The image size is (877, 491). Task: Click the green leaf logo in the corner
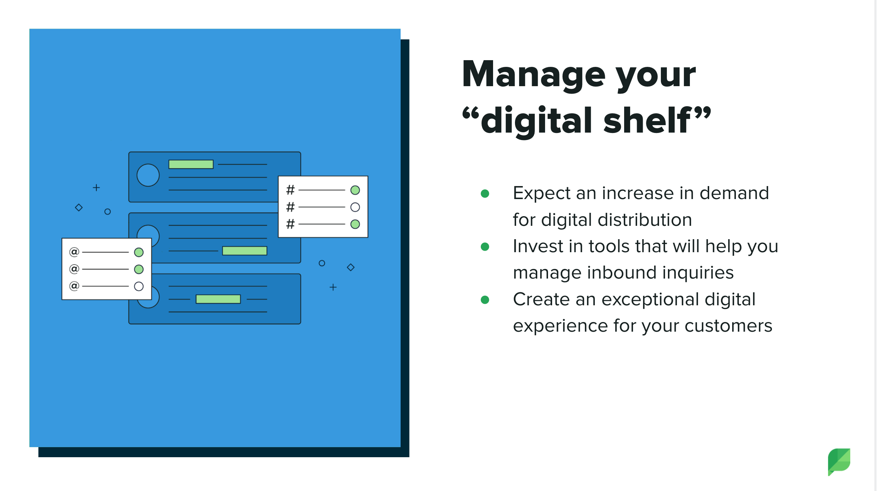(839, 462)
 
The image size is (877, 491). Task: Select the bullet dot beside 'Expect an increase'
(485, 194)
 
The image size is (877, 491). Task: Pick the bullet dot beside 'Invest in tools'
(485, 247)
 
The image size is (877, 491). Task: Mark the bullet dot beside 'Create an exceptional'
(485, 300)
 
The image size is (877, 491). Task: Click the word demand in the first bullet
(734, 193)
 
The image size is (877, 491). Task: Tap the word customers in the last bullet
(728, 326)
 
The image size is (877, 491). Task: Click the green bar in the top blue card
(191, 164)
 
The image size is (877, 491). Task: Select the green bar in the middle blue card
(244, 251)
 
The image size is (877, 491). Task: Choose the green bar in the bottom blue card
(218, 299)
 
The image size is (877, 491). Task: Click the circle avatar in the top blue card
(148, 175)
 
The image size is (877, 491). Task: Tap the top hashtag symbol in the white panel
(290, 190)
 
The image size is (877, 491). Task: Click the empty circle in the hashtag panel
(355, 207)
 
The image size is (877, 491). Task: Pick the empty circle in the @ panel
(139, 286)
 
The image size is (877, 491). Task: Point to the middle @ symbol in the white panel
(74, 269)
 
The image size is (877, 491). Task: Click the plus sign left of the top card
(96, 188)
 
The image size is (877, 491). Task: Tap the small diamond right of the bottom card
(351, 267)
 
